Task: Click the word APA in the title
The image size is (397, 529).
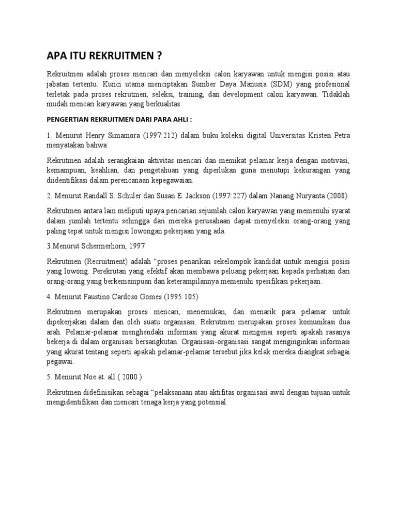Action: pyautogui.click(x=56, y=55)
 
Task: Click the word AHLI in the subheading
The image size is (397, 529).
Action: pyautogui.click(x=178, y=120)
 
